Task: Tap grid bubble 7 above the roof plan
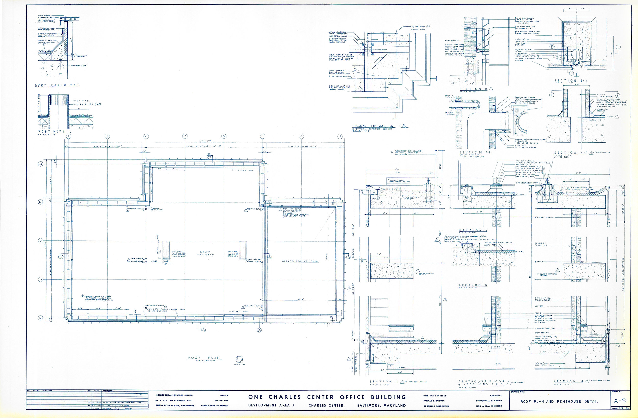tap(185, 136)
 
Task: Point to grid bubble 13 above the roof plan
tap(340, 136)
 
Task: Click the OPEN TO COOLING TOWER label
tap(300, 261)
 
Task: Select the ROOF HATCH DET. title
tap(57, 85)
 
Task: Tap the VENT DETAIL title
tap(55, 132)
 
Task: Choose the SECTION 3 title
tap(473, 285)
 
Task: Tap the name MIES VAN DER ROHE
tap(435, 396)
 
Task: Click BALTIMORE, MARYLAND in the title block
tap(381, 406)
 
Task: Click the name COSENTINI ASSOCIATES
tap(436, 406)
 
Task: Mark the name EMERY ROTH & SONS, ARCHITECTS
tap(175, 406)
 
